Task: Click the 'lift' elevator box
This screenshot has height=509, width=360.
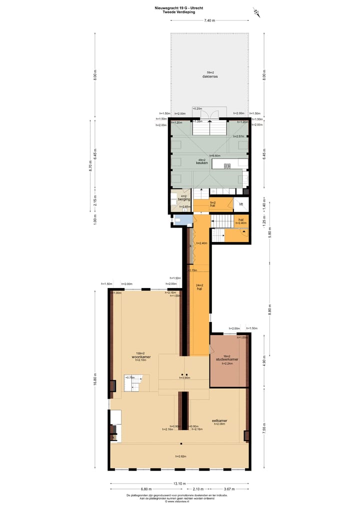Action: [x=241, y=204]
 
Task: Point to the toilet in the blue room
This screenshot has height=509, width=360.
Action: [x=177, y=219]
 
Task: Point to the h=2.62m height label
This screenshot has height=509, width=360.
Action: [x=180, y=456]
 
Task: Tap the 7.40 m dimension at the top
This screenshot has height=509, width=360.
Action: [x=209, y=20]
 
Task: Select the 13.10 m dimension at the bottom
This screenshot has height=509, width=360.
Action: [x=179, y=483]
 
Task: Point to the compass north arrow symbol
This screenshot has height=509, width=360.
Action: [x=257, y=12]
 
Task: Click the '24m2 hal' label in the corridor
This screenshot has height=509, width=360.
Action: [x=198, y=287]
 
